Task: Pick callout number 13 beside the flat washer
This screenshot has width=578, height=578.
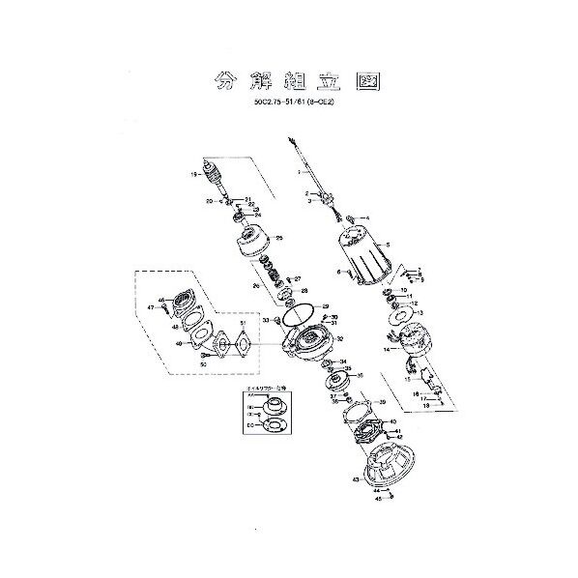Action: [420, 313]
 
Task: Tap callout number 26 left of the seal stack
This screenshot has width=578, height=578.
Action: [255, 286]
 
